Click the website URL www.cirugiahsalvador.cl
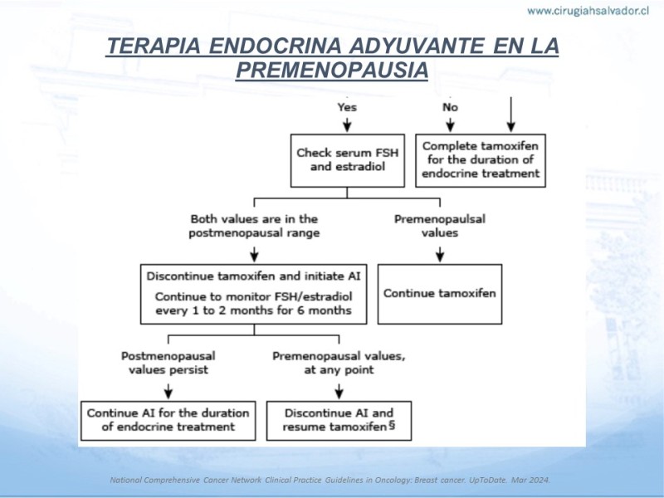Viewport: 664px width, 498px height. [588, 11]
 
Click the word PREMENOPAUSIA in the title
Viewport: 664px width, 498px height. [332, 70]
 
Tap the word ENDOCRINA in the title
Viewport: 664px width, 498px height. [276, 46]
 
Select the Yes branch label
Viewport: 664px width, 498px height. [347, 107]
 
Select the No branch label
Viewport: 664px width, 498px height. [450, 107]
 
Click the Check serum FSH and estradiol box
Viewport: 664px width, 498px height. [348, 160]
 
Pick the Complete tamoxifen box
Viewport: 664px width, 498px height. [481, 160]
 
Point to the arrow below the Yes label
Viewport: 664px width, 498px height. [347, 125]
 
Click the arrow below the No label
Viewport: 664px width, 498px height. [450, 125]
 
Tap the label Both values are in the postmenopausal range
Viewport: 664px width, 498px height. [254, 226]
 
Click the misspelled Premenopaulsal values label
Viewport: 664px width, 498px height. [440, 226]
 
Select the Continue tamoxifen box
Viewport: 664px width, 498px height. [440, 295]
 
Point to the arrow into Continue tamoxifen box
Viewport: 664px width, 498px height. [440, 255]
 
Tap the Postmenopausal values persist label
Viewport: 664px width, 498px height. [168, 363]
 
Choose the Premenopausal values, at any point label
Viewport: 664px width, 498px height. [339, 363]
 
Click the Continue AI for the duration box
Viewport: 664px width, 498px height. [168, 421]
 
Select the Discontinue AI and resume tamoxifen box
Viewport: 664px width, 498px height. [339, 421]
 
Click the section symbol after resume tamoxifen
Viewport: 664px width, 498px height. [392, 425]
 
